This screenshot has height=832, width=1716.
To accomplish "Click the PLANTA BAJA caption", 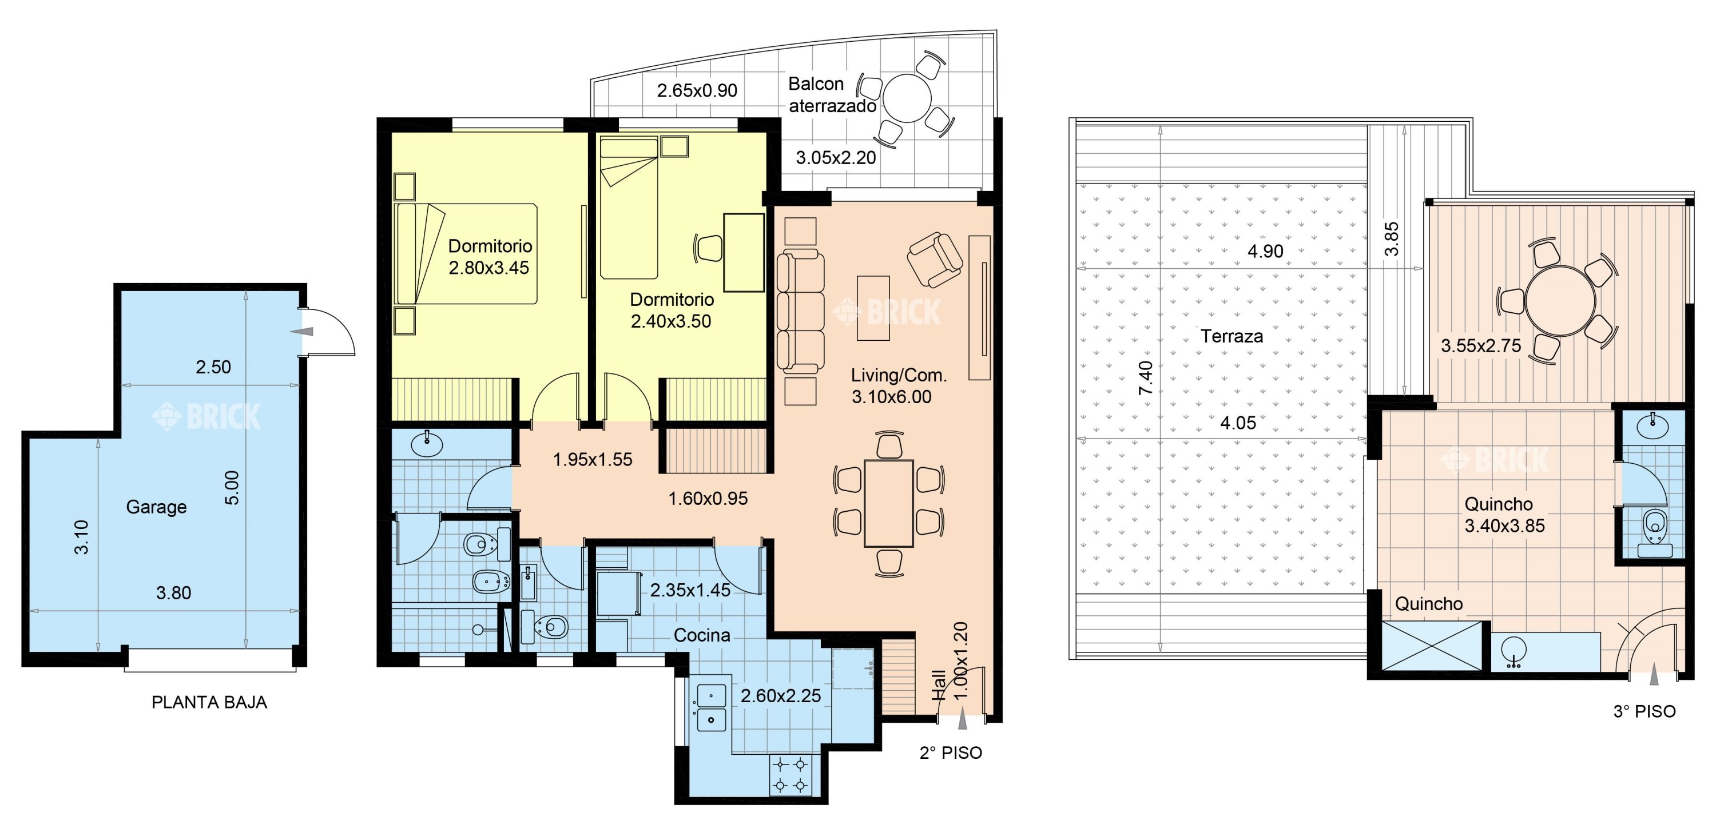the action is point(209,702).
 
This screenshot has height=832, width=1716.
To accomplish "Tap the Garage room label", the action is point(156,507).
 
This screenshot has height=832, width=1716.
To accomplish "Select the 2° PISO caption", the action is point(951,753).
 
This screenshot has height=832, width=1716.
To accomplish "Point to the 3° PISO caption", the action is point(1644,711).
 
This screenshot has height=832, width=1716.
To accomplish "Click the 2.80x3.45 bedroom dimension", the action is point(489,268).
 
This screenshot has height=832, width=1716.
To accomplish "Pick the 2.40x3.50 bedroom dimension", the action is point(671,321).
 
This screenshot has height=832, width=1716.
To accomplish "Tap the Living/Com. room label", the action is point(899,375).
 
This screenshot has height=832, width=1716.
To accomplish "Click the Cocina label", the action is point(702,635).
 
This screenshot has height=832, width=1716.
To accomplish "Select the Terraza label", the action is point(1232,336).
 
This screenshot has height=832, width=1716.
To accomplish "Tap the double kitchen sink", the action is point(711,707).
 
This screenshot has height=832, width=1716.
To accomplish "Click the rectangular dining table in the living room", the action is point(889,503).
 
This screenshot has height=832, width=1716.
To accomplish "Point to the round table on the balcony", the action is point(907,98).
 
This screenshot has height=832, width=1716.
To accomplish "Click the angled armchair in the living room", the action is point(935,260).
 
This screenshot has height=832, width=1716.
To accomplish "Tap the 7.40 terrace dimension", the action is point(1145,378).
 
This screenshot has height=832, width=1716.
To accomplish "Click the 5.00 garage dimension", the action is point(231,488).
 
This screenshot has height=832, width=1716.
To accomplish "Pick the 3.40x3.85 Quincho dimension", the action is point(1504,526).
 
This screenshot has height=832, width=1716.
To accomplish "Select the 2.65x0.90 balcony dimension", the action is point(697,90).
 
